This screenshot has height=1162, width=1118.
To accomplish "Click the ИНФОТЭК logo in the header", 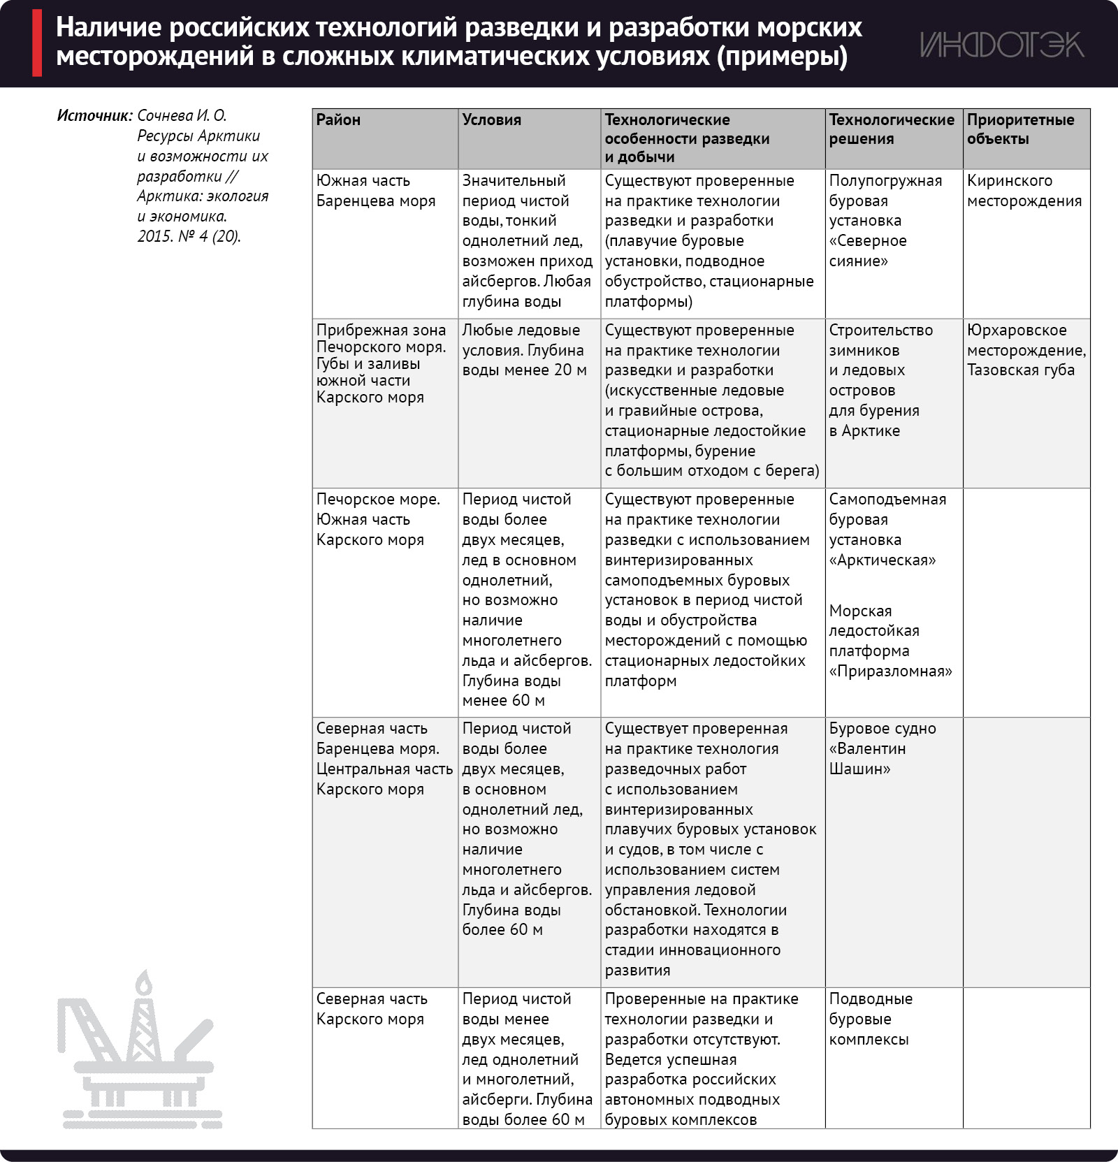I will pos(1001,44).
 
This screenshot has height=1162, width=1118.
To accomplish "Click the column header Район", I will pos(338,119).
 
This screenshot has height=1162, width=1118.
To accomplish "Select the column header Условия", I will pos(491,119).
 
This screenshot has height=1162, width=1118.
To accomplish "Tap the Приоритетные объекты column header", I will pos(1020,129).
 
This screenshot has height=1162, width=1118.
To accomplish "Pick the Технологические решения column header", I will pos(891,129).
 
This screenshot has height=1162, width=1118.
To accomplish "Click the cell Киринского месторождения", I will pos(1024,191).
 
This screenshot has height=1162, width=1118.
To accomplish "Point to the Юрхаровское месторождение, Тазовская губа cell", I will pos(1026,350).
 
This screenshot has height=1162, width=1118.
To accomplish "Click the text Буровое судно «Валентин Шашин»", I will pos(882,748).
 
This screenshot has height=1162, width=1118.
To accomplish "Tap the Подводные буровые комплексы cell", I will pos(870,1019).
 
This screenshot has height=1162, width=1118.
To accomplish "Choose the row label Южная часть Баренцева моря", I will pos(375,191).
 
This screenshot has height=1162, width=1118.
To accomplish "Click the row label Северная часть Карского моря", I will pos(370,1009).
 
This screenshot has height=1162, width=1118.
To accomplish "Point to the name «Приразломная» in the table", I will pos(890,671).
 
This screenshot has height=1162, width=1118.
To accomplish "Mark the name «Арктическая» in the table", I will pos(882,560).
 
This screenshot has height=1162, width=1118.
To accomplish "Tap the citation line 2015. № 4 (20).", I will pos(189,237).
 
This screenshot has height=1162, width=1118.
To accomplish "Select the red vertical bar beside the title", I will pos(37,43).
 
